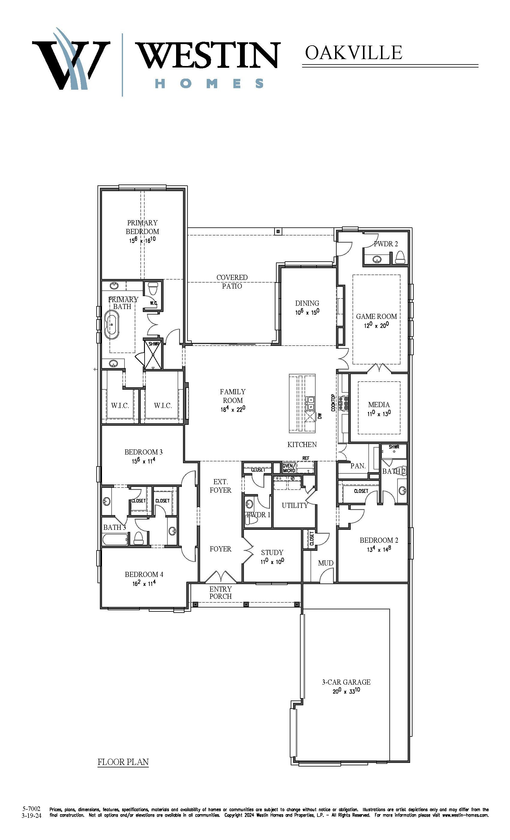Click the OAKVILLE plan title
pyautogui.click(x=353, y=52)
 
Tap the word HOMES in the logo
pyautogui.click(x=209, y=83)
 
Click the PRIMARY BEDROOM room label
pyautogui.click(x=142, y=227)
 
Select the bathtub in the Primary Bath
pyautogui.click(x=112, y=324)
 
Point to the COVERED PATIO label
pyautogui.click(x=232, y=282)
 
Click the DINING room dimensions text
pyautogui.click(x=307, y=312)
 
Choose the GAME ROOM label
pyautogui.click(x=376, y=316)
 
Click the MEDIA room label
pyautogui.click(x=379, y=404)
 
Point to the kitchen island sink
pyautogui.click(x=310, y=403)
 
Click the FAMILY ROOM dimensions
pyautogui.click(x=233, y=409)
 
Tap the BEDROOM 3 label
pyautogui.click(x=143, y=452)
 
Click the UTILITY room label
pyautogui.click(x=295, y=505)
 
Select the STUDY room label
pyautogui.click(x=272, y=552)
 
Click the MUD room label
pyautogui.click(x=325, y=563)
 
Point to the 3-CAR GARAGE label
pyautogui.click(x=346, y=682)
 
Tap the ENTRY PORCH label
pyautogui.click(x=220, y=592)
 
